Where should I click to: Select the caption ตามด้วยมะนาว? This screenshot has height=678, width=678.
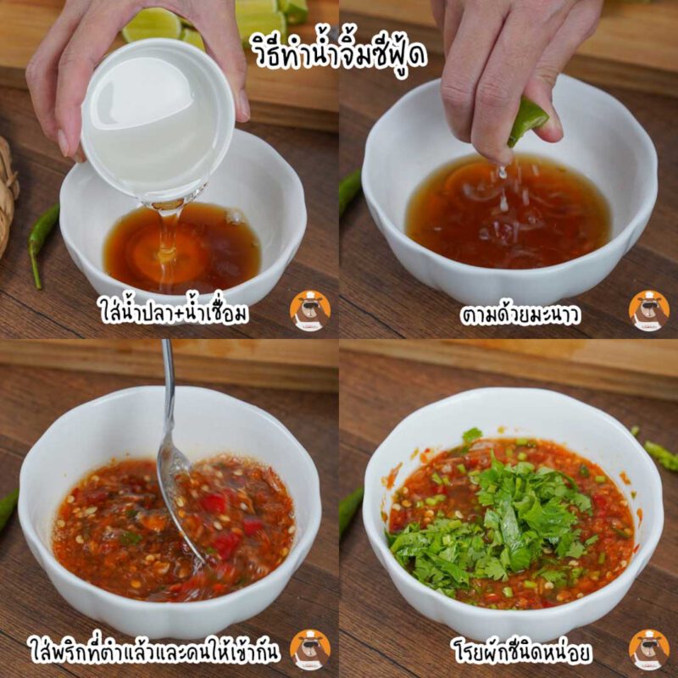520,314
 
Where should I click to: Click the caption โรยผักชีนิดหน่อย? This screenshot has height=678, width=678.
521,650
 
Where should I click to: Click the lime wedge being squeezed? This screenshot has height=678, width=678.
526,121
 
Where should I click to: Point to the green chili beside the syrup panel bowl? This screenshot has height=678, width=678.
41,242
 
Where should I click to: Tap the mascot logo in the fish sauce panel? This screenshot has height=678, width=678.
310,310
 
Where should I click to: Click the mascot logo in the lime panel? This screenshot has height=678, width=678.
649,310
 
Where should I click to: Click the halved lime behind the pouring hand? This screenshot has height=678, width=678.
153,25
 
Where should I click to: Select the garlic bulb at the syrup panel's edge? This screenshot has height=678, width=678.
8,195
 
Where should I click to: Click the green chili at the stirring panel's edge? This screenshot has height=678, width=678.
8,508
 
